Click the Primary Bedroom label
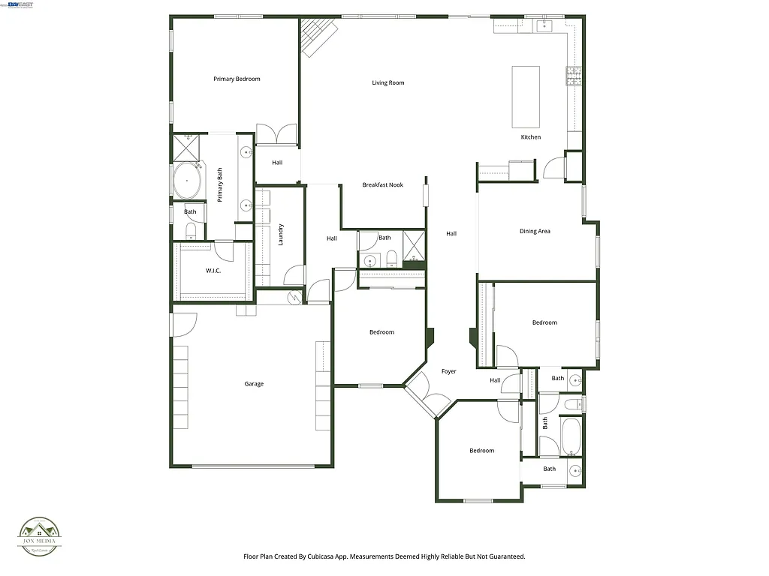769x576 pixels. (237, 79)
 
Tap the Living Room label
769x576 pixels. (388, 82)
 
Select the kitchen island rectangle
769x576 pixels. (526, 97)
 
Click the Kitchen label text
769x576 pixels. (531, 137)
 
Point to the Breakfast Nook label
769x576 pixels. (383, 184)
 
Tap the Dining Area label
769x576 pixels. (535, 231)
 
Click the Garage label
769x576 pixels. (254, 384)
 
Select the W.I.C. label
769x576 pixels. (213, 271)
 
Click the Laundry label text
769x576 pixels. (280, 235)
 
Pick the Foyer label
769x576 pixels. (448, 371)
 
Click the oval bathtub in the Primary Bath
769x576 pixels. (188, 181)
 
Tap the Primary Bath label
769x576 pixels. (220, 184)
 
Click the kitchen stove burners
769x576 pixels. (574, 75)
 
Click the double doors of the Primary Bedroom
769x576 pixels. (277, 134)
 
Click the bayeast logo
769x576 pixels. (20, 4)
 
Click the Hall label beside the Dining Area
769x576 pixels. (451, 233)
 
